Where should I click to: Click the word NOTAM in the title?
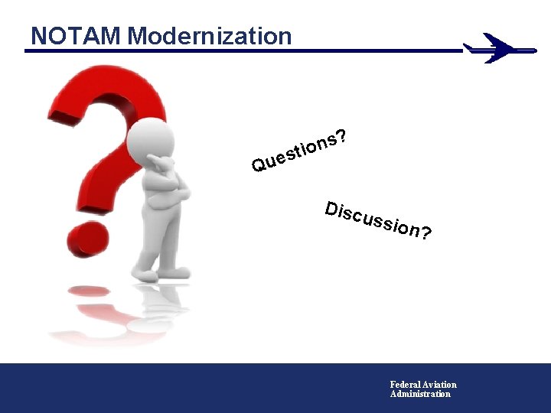(x=77, y=36)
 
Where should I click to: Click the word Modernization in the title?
(x=210, y=36)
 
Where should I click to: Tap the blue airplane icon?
(x=497, y=48)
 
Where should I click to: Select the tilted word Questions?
(x=301, y=150)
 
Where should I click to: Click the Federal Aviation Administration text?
(x=422, y=389)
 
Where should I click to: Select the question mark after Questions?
(x=343, y=136)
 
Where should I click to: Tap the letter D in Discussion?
(x=331, y=207)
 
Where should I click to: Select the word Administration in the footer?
(x=420, y=394)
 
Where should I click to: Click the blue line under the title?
(x=230, y=51)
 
